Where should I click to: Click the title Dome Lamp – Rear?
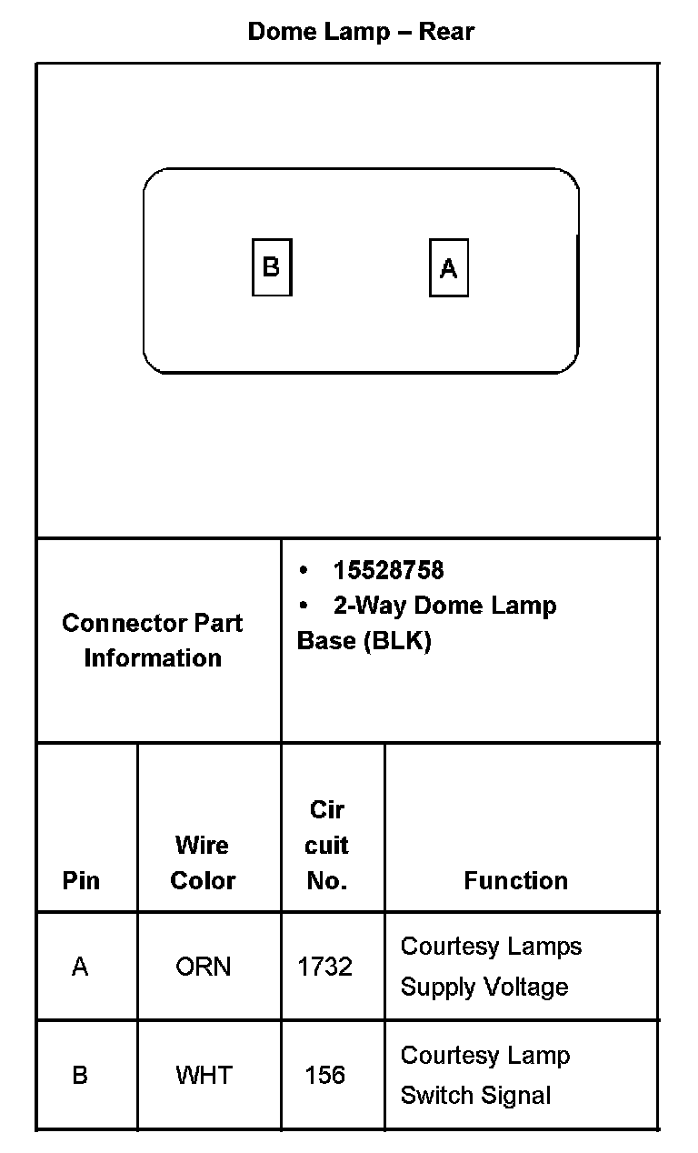pyautogui.click(x=361, y=32)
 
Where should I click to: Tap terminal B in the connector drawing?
pyautogui.click(x=271, y=267)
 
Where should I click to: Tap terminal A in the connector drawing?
pyautogui.click(x=448, y=268)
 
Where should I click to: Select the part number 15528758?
pyautogui.click(x=388, y=570)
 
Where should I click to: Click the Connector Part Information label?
pyautogui.click(x=153, y=640)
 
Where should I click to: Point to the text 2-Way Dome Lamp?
pyautogui.click(x=444, y=606)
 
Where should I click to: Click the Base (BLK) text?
pyautogui.click(x=364, y=641)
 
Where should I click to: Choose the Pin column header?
pyautogui.click(x=81, y=880)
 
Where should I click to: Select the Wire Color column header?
pyautogui.click(x=203, y=863)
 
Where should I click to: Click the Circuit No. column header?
pyautogui.click(x=326, y=845)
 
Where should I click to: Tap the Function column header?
pyautogui.click(x=515, y=880)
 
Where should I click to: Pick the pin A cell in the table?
pyautogui.click(x=80, y=967)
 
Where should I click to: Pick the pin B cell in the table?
pyautogui.click(x=80, y=1076)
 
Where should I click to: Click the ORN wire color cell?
pyautogui.click(x=203, y=967)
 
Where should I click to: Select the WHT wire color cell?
pyautogui.click(x=203, y=1076)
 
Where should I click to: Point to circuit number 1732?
pyautogui.click(x=324, y=967)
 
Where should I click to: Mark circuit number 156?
pyautogui.click(x=324, y=1076)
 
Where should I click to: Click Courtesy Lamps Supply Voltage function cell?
pyautogui.click(x=491, y=967)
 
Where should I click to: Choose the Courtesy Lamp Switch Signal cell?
pyautogui.click(x=485, y=1076)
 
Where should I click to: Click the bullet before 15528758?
pyautogui.click(x=304, y=571)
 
